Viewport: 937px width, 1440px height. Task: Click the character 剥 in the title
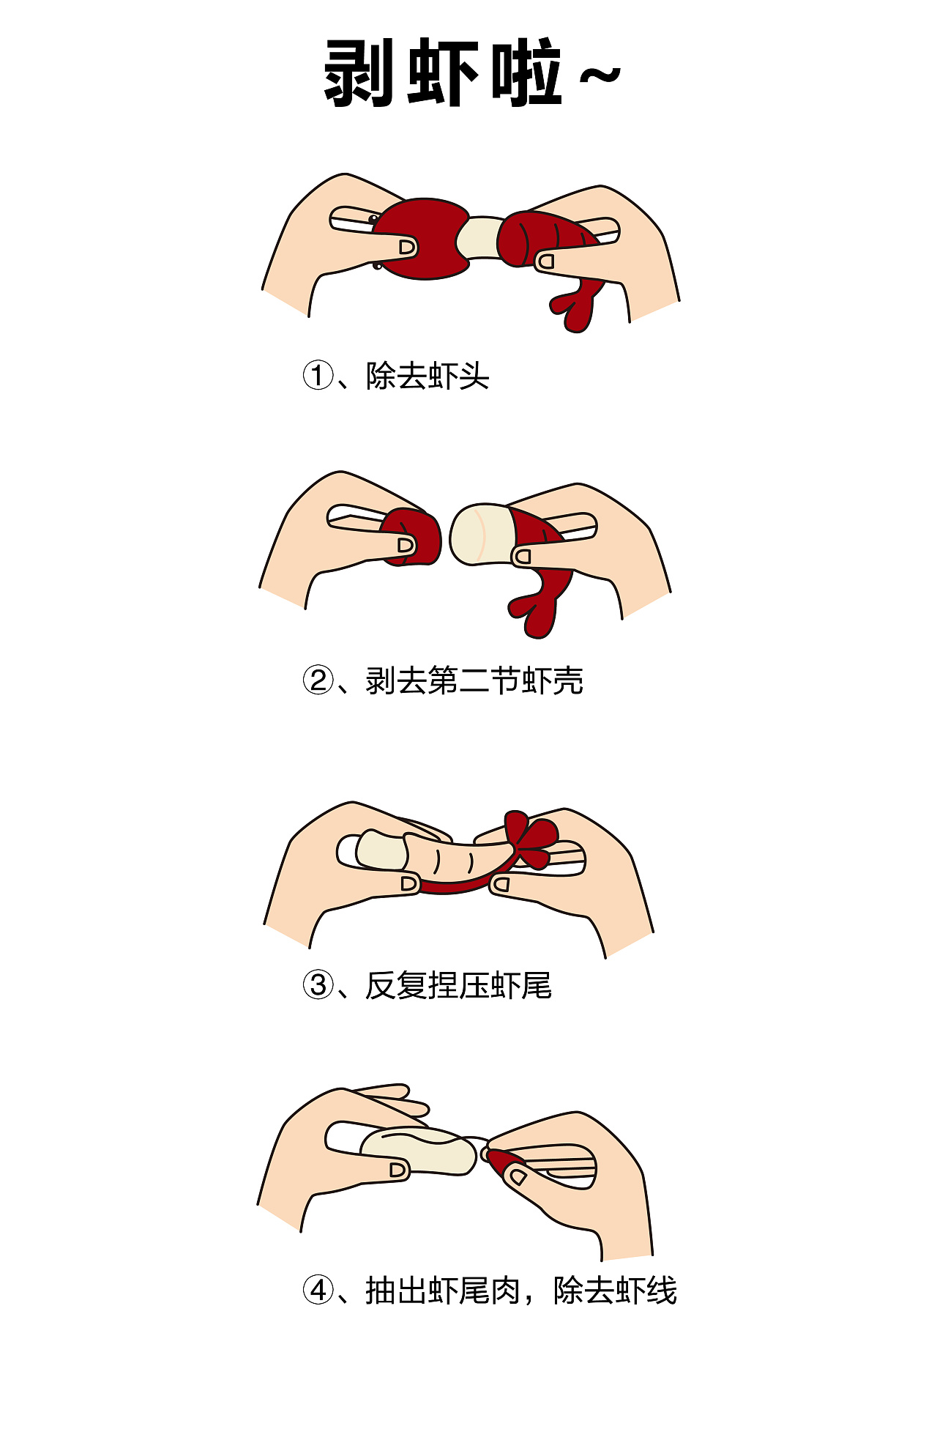[x=361, y=73]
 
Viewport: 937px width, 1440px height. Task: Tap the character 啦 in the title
[x=525, y=73]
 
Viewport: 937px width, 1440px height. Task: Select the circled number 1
[x=318, y=376]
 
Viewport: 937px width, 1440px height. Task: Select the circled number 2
[x=318, y=680]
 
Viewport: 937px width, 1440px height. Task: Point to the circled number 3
[x=318, y=985]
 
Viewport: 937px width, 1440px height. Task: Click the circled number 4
[x=318, y=1290]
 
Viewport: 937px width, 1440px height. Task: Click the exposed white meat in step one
[x=479, y=238]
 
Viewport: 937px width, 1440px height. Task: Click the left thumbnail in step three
[x=409, y=884]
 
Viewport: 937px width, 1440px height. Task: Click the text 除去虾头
[x=428, y=376]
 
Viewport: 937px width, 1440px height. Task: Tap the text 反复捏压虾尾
[x=458, y=985]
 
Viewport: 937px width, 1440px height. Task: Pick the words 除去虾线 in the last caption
[x=615, y=1290]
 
